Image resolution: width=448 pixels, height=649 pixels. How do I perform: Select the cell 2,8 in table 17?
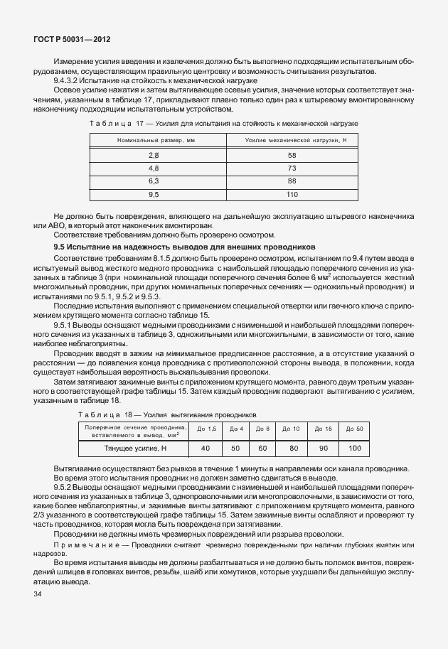click(x=153, y=154)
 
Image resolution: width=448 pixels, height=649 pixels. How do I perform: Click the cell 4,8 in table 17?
click(x=153, y=168)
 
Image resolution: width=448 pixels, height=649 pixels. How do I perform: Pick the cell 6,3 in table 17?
click(x=153, y=181)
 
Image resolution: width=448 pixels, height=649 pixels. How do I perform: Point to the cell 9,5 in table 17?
click(x=153, y=194)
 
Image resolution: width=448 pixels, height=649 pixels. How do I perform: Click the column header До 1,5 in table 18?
click(x=206, y=429)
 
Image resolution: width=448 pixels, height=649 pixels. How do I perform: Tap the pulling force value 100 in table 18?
click(x=354, y=449)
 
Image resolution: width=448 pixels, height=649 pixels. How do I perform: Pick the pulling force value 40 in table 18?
click(x=206, y=449)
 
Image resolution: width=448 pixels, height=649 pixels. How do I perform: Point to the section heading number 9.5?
click(x=60, y=247)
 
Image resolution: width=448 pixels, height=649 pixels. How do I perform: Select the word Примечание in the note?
click(x=80, y=544)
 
